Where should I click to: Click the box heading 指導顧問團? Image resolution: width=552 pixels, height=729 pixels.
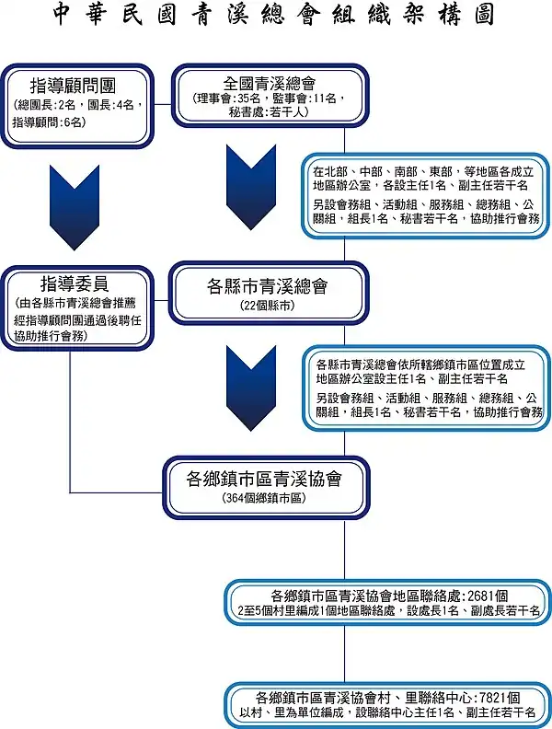74,86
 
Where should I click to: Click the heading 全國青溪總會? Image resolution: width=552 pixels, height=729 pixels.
269,84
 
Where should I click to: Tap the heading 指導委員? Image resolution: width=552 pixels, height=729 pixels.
75,283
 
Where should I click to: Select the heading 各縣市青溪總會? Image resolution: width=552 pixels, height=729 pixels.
267,286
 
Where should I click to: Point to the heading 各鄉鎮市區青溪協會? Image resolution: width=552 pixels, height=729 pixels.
264,479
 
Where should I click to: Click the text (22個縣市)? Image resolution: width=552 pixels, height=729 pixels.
268,306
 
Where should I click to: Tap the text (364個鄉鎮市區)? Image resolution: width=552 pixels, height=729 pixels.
264,498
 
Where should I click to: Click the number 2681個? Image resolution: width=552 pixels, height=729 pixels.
488,596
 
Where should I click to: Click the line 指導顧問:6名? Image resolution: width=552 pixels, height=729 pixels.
50,122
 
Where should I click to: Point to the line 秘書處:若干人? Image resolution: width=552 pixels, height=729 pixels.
269,112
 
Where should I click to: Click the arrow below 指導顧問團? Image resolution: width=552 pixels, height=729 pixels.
75,208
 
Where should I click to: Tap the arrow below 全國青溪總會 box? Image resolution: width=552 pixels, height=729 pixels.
251,188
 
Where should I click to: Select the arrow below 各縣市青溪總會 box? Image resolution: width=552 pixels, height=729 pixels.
251,388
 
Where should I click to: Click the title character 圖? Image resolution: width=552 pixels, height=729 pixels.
484,15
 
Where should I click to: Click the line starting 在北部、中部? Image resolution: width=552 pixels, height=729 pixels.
423,171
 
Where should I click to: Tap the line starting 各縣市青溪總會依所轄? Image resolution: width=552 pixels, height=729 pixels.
420,364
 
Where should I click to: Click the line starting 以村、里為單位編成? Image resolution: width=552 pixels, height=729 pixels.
387,712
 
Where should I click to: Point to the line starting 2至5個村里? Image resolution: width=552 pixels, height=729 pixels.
388,610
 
